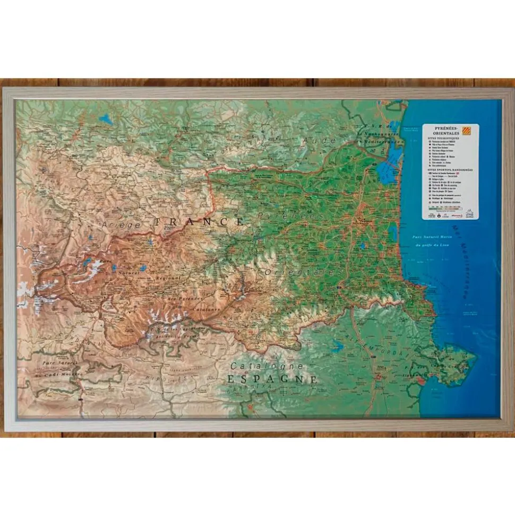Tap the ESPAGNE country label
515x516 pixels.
click(272, 379)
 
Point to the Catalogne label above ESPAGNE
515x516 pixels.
click(267, 366)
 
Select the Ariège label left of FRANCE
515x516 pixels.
click(124, 225)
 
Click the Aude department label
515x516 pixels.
click(320, 141)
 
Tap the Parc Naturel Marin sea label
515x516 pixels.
click(434, 238)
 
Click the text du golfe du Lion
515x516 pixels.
click(435, 245)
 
